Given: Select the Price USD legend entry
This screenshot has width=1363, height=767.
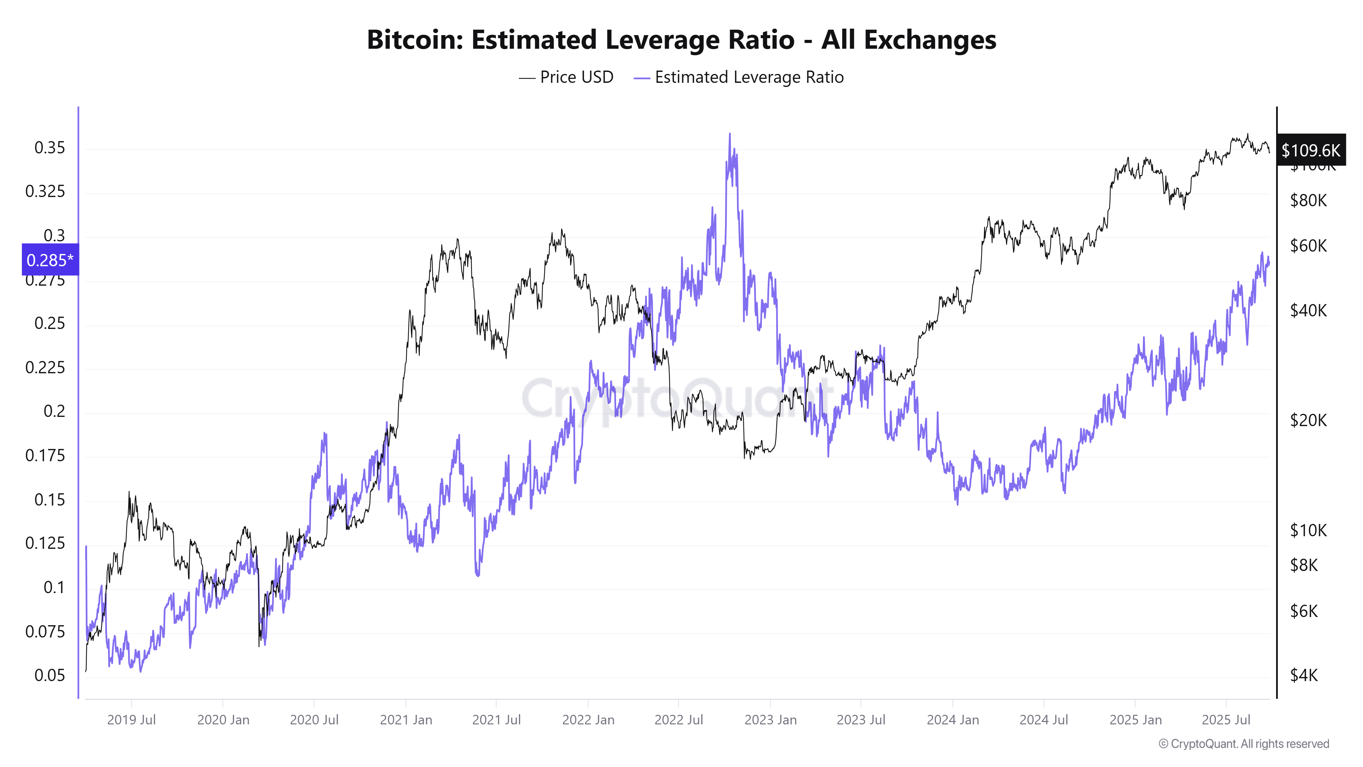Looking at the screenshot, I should [566, 77].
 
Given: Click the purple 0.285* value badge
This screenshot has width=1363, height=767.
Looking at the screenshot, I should [50, 260].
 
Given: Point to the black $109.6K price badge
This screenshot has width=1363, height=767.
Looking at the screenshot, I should [1311, 150].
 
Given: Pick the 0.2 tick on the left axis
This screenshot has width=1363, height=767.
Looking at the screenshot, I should [55, 411].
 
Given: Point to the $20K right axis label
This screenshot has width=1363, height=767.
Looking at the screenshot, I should [1308, 420].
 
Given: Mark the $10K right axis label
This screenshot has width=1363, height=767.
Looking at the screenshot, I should [1308, 530].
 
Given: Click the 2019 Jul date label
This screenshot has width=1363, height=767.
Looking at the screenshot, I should [131, 720].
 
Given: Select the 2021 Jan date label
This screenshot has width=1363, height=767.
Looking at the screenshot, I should [406, 720].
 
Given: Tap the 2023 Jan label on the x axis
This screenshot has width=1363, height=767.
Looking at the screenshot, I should [770, 720].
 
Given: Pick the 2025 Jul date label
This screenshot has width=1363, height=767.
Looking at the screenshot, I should [1226, 720].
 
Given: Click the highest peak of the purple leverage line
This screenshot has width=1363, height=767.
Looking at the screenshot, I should [730, 134].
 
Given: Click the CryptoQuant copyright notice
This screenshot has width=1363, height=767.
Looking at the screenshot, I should [1243, 744].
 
